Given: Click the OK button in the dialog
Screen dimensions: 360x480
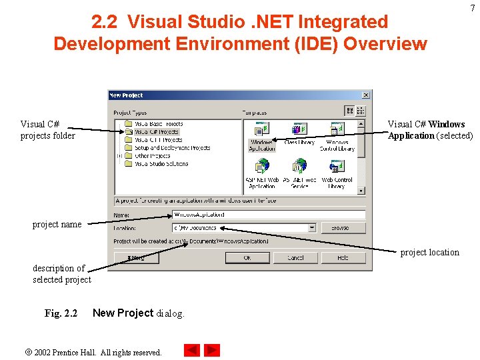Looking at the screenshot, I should [x=247, y=257].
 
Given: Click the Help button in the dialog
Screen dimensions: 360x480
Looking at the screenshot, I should [x=343, y=257].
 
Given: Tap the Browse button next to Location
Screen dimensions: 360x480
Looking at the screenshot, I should [x=343, y=227].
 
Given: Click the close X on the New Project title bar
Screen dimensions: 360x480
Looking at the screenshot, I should [x=365, y=95].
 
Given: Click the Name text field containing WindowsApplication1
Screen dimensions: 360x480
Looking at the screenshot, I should [x=268, y=215].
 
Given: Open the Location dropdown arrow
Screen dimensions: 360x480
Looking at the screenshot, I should [x=311, y=227].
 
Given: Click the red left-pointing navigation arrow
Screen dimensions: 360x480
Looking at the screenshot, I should [x=192, y=350].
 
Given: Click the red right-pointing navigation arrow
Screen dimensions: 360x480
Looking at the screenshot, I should [x=212, y=350].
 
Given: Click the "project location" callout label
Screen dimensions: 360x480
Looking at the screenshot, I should [x=429, y=252].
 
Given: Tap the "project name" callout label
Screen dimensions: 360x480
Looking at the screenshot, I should [x=57, y=225].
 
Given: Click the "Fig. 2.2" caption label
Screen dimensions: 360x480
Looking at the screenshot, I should [x=61, y=313].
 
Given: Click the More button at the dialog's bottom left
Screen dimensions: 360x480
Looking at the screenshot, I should [x=137, y=257].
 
